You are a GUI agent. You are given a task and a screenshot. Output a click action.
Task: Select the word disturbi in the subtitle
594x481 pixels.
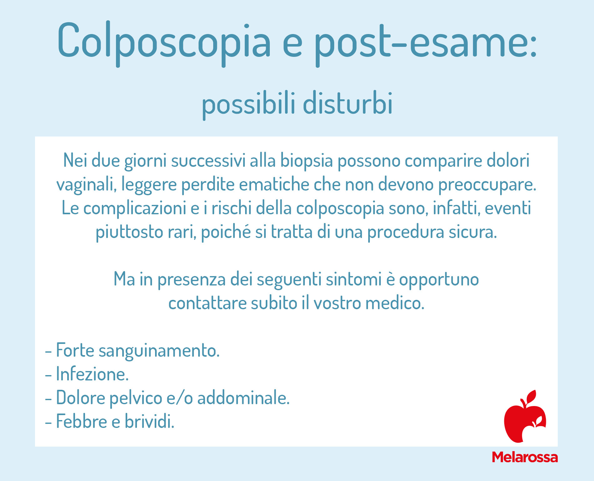348,103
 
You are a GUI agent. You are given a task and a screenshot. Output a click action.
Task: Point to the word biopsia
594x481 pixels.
306,161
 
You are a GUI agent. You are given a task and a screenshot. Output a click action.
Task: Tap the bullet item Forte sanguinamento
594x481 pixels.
133,350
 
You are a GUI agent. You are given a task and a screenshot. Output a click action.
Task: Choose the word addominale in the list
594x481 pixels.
243,398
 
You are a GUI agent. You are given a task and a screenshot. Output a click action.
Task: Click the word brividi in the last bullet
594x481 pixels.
149,421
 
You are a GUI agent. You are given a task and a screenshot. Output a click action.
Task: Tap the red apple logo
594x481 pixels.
525,417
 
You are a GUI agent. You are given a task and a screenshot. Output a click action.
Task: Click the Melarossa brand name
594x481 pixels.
525,457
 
